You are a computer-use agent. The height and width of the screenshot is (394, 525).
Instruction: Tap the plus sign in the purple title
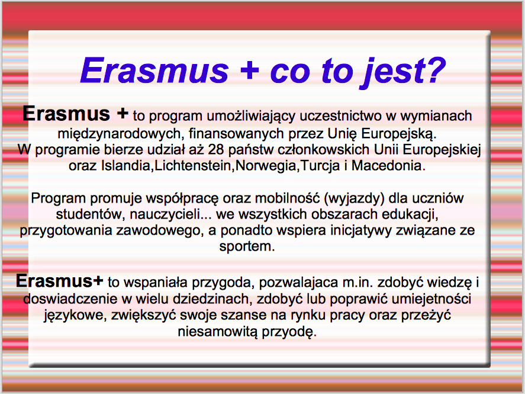[249, 71]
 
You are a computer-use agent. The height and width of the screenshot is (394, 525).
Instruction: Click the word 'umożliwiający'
[251, 116]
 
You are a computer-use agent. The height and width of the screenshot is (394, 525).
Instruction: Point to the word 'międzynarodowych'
[119, 134]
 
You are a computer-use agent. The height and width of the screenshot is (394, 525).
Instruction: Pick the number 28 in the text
[216, 149]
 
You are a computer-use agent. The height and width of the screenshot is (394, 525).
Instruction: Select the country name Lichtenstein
[193, 165]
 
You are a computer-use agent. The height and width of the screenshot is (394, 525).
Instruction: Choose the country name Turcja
[320, 166]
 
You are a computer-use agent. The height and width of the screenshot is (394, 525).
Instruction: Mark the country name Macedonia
[386, 165]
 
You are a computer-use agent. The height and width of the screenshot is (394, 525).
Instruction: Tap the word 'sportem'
[247, 246]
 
